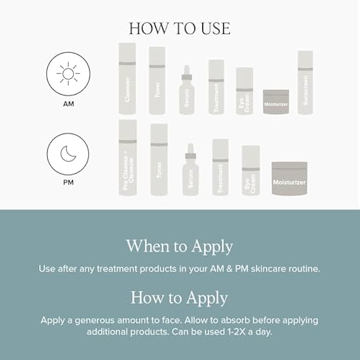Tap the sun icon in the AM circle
68,74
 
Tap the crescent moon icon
68,154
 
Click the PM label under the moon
68,183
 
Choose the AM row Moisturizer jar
276,102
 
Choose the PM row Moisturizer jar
289,178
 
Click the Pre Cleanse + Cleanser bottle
128,158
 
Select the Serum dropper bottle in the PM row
190,171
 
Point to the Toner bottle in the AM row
157,81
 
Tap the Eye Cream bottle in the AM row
244,91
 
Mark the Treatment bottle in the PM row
220,167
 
